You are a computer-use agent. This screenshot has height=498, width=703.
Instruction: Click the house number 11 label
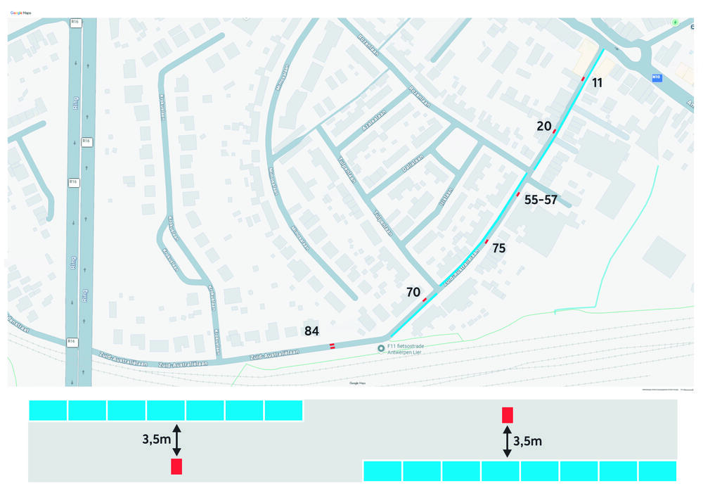(x=597, y=83)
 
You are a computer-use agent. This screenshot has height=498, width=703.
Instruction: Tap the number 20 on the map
(x=543, y=126)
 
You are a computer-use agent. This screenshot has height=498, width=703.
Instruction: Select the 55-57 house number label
(x=541, y=200)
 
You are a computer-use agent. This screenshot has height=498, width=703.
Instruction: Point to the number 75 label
(x=498, y=248)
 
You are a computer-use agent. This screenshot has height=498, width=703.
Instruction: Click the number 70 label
(x=413, y=291)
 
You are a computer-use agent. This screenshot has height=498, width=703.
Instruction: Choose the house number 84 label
(x=312, y=330)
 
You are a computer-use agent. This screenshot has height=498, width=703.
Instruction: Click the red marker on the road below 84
(x=333, y=345)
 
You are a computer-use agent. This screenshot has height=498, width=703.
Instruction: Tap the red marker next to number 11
(x=583, y=79)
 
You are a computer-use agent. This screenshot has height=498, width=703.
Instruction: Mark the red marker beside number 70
(x=425, y=300)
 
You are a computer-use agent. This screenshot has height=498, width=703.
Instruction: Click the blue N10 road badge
(x=657, y=77)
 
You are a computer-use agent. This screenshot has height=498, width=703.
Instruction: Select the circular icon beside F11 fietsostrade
(x=381, y=348)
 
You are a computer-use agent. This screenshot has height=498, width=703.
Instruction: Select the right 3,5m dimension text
(x=528, y=442)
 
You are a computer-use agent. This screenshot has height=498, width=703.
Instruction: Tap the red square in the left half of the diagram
(x=176, y=466)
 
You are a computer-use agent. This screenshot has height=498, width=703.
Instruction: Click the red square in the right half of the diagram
(x=508, y=415)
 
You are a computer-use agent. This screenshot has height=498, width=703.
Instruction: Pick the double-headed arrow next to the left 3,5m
(x=176, y=440)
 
